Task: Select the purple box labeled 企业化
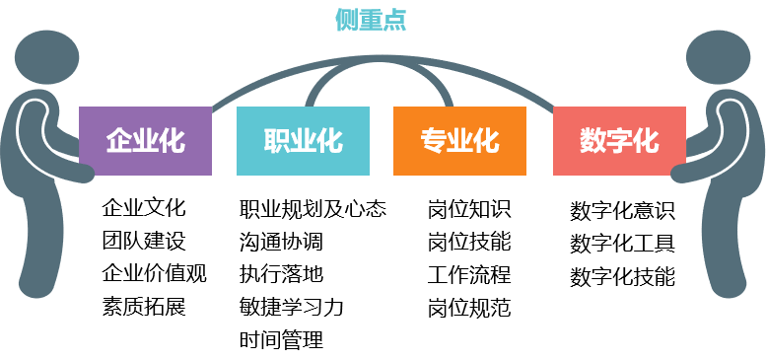tap(145, 141)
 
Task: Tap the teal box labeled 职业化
tap(303, 141)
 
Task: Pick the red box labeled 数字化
tap(619, 141)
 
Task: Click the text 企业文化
tap(144, 208)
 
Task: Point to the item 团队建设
tap(144, 241)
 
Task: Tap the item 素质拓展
tap(144, 306)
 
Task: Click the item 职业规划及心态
tap(313, 208)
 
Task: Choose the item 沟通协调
tap(281, 241)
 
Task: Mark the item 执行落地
tap(281, 273)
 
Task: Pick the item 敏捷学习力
tap(292, 306)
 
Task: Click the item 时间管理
tap(281, 339)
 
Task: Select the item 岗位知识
tap(469, 208)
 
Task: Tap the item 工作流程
tap(469, 273)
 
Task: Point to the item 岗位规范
tap(469, 306)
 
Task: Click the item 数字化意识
tap(623, 211)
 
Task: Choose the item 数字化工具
tap(623, 244)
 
